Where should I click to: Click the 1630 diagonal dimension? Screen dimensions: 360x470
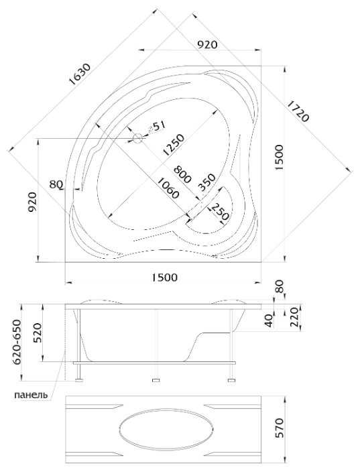[79, 74]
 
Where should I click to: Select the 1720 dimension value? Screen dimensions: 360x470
[298, 111]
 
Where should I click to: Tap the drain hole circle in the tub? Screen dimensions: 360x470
[137, 138]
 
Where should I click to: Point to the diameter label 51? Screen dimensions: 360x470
[159, 127]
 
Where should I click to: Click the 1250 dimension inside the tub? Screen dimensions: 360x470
[173, 145]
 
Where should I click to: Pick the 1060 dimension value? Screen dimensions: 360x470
[168, 188]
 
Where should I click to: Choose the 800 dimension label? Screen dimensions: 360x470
[182, 174]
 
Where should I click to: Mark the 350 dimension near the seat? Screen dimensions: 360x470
[207, 182]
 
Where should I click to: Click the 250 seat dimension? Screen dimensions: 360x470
[220, 211]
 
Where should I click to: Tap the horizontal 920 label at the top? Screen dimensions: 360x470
[207, 45]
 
